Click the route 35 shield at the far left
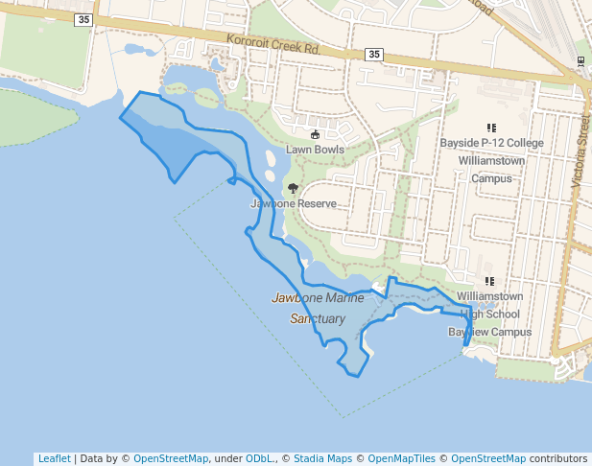point(84,19)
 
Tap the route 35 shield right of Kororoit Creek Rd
point(373,56)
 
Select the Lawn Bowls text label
point(315,150)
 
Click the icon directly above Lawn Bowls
point(315,134)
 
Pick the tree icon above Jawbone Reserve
point(293,189)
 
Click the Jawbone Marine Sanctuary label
point(319,308)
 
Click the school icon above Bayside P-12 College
point(491,128)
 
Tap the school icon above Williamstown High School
point(489,282)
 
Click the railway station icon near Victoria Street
point(580,60)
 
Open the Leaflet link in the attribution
point(54,458)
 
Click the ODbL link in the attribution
point(258,458)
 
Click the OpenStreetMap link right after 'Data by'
point(171,458)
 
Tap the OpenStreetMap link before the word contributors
point(488,458)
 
